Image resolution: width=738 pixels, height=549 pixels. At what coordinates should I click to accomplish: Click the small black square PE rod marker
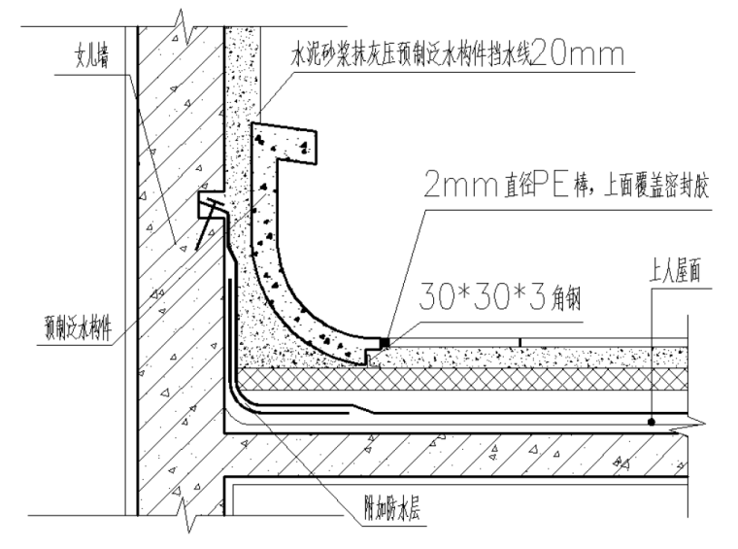pyautogui.click(x=386, y=342)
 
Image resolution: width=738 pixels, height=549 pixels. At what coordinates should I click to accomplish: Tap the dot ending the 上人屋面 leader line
pyautogui.click(x=652, y=421)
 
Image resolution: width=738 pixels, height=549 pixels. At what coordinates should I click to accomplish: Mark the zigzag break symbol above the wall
pyautogui.click(x=180, y=17)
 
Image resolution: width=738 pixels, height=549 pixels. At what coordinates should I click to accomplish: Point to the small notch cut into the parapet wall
pyautogui.click(x=208, y=204)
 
